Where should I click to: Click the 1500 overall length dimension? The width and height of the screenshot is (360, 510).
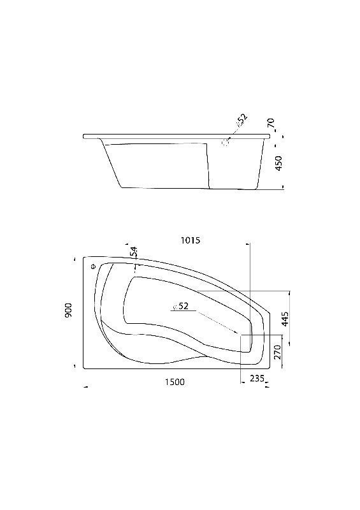[175, 382]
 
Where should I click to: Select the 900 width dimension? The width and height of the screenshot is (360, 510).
[68, 310]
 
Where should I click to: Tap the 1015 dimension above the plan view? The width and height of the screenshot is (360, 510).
[191, 240]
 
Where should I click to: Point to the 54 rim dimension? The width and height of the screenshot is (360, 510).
[134, 252]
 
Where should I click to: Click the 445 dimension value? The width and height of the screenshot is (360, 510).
[285, 319]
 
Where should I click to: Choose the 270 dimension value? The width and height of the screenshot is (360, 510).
[277, 353]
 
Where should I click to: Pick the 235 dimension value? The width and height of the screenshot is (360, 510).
[257, 378]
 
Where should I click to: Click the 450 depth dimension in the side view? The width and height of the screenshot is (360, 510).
[278, 163]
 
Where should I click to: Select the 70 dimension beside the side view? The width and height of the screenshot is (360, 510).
[271, 123]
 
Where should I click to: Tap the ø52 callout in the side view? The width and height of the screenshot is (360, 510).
[241, 119]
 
